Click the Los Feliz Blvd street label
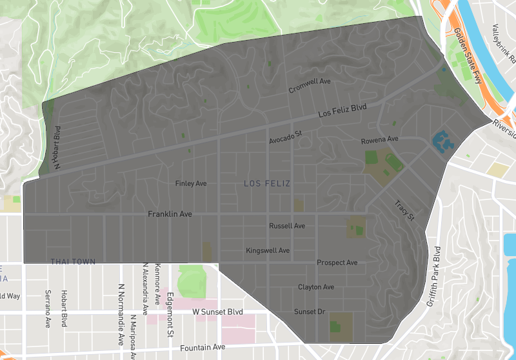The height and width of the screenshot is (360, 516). tap(342, 112)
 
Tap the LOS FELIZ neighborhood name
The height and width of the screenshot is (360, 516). tap(267, 184)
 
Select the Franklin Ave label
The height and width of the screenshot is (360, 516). tap(170, 214)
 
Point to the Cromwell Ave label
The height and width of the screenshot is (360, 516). tap(310, 86)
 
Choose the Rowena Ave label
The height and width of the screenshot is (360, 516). tap(379, 139)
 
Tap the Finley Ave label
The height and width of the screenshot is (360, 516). tap(191, 184)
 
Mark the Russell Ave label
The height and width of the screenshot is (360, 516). tap(287, 226)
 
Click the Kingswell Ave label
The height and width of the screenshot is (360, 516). tap(268, 250)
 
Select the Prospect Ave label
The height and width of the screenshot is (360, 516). tap(337, 263)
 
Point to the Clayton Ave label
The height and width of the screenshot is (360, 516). tap(316, 287)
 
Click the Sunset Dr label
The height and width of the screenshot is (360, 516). tap(310, 312)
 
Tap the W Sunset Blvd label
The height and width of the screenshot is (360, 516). tap(218, 312)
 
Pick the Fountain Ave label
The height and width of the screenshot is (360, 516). tap(203, 347)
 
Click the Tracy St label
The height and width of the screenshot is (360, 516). tap(404, 211)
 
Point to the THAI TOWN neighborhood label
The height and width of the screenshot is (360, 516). tap(73, 261)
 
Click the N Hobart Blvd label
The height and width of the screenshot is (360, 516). tap(57, 148)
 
